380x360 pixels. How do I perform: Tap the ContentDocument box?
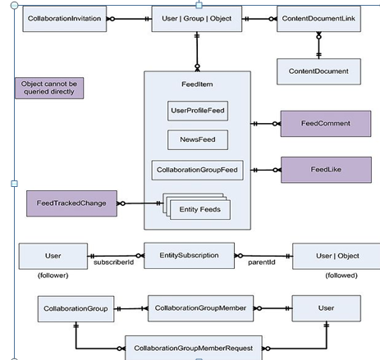[318, 71]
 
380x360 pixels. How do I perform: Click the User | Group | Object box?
[197, 17]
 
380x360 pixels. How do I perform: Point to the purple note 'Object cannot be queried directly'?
[51, 88]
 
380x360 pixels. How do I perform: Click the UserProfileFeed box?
[197, 108]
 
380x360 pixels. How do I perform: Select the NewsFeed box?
[197, 139]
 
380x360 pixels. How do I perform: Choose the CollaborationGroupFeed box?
[197, 171]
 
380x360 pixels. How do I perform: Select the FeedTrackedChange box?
[70, 202]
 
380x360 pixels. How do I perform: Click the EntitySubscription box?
[190, 255]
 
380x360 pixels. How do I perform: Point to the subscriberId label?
[113, 263]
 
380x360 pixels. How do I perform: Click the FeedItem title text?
[197, 83]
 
